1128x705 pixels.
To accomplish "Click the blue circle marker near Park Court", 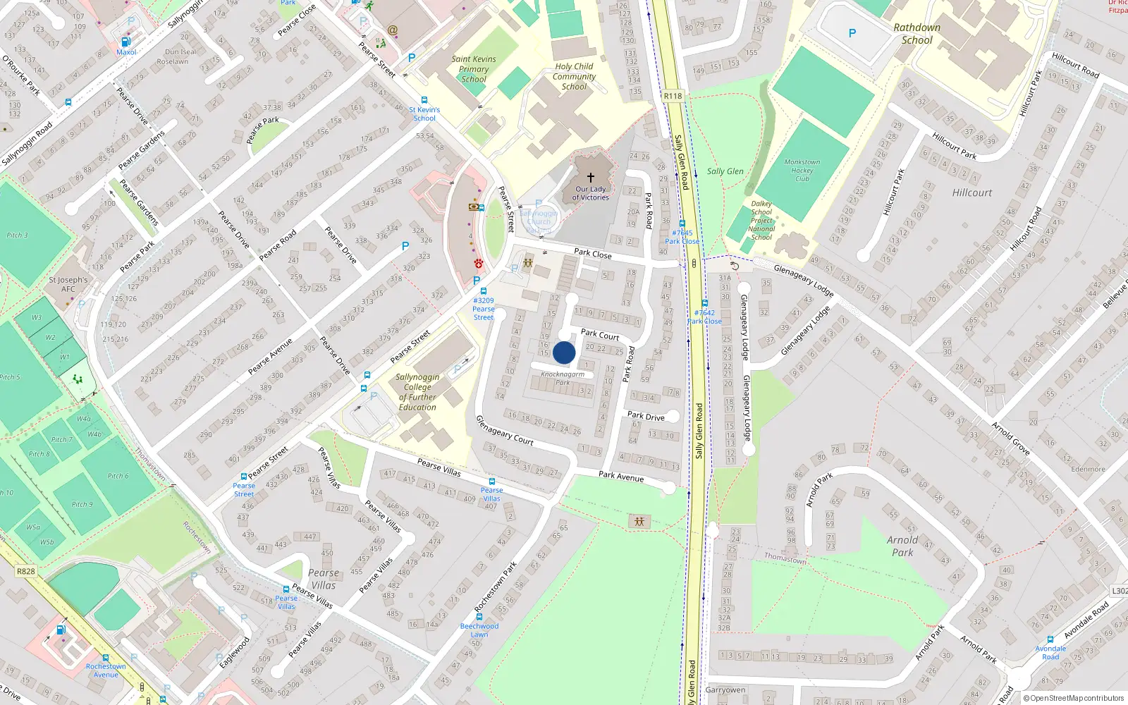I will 564,352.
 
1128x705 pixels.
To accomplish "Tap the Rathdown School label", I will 916,34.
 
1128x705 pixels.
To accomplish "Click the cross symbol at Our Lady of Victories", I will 591,177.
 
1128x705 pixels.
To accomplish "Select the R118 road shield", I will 673,96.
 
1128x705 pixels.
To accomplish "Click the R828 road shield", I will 25,571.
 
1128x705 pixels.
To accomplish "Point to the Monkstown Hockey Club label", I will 802,170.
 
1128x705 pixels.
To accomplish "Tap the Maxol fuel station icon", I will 126,42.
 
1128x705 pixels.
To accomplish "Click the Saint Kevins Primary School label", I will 474,69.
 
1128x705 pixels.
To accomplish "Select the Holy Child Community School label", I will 574,76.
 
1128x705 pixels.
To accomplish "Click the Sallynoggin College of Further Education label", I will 417,392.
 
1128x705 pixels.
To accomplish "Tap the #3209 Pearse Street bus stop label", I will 484,309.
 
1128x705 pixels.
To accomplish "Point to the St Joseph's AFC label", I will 68,284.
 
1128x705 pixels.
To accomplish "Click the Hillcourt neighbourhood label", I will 971,192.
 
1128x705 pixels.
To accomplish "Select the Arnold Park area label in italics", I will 902,546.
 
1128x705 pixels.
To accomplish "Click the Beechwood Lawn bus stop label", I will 479,630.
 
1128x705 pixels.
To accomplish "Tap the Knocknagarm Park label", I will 563,378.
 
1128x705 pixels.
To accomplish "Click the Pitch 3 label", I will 17,235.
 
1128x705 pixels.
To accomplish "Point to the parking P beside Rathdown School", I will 852,33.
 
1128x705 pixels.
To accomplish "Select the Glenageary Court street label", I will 504,430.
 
